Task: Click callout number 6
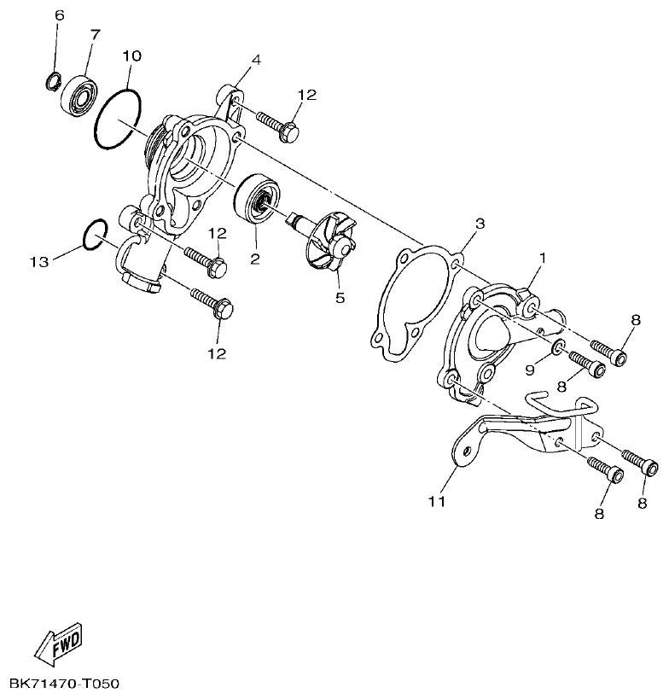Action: [x=59, y=16]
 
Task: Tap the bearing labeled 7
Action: [x=78, y=94]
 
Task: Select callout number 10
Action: [x=131, y=56]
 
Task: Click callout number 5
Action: [x=340, y=298]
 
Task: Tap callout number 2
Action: [x=254, y=257]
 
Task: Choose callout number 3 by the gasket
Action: [x=480, y=224]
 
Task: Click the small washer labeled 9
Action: [x=557, y=346]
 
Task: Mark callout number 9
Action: [x=529, y=370]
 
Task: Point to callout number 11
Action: [x=436, y=502]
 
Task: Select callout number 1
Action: [x=541, y=256]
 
